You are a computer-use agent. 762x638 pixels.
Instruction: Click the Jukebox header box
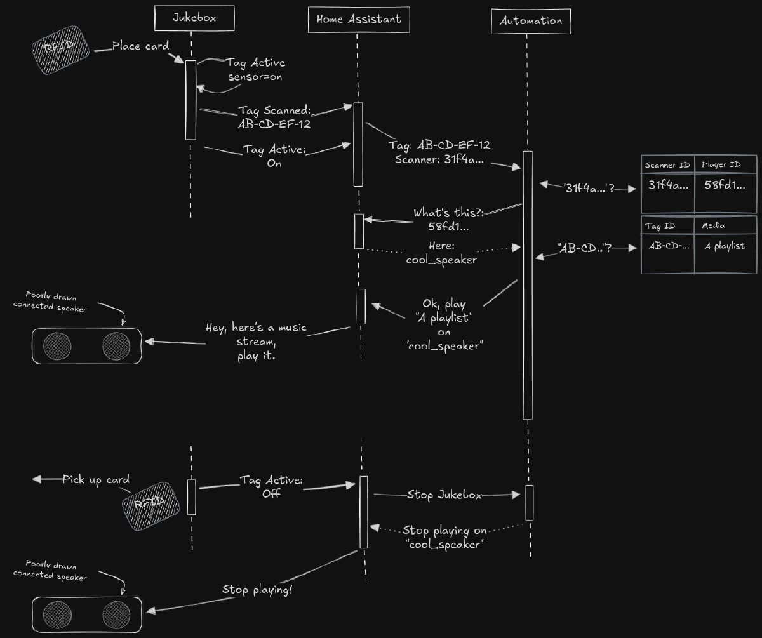194,18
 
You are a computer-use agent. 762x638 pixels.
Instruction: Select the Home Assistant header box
359,19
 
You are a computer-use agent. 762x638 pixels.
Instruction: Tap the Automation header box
531,21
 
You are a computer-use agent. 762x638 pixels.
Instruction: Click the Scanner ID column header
667,165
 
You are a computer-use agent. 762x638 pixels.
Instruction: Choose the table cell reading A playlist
725,246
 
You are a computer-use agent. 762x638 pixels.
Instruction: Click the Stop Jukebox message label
444,495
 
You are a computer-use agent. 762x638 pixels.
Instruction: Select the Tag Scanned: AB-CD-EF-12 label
274,117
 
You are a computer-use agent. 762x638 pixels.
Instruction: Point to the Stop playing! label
257,590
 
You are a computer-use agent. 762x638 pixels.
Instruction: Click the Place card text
141,46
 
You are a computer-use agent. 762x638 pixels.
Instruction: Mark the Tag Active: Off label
271,486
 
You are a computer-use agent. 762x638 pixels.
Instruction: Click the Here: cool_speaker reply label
441,253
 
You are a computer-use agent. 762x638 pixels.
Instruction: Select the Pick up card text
96,479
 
